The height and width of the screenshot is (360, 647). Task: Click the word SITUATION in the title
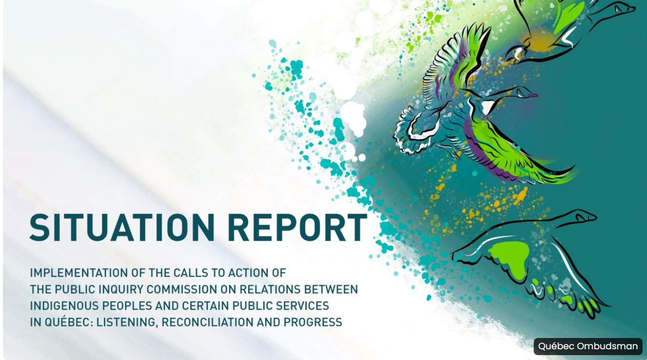tap(122, 228)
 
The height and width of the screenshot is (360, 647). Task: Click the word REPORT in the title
tap(297, 228)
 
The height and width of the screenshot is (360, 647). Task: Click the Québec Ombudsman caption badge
tap(588, 346)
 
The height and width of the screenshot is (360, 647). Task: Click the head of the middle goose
tap(527, 93)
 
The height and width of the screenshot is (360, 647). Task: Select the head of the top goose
tap(624, 8)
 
